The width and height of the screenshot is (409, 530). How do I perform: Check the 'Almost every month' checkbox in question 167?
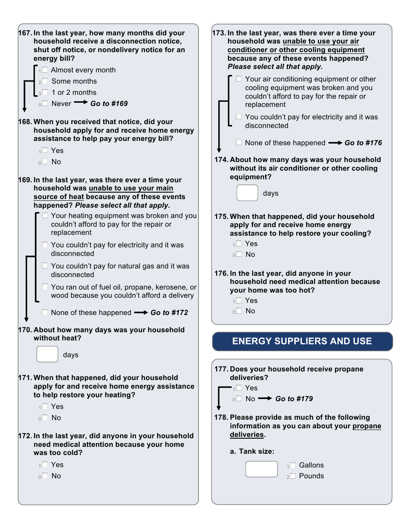[x=45, y=70]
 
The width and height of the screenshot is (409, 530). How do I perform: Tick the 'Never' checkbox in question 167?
[x=45, y=103]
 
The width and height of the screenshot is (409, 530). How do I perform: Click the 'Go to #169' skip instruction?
[x=109, y=103]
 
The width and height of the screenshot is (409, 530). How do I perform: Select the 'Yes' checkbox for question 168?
[x=45, y=151]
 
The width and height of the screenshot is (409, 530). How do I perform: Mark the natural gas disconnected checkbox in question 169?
[x=45, y=266]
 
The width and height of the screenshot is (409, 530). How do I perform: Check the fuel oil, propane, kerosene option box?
[x=45, y=287]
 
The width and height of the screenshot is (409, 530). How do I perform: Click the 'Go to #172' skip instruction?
[x=169, y=312]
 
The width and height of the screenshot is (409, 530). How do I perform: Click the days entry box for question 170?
[x=47, y=354]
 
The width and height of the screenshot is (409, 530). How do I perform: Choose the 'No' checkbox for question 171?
[x=45, y=418]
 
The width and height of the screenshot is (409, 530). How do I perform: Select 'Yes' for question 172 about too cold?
[x=45, y=465]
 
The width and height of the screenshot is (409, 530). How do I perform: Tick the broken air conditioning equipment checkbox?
[x=239, y=79]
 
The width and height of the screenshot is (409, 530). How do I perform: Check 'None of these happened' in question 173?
[x=239, y=143]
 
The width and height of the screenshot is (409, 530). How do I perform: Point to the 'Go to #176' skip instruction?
[x=363, y=143]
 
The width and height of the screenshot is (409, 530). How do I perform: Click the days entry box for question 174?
[x=247, y=193]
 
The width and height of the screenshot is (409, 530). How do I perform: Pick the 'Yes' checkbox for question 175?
[x=239, y=244]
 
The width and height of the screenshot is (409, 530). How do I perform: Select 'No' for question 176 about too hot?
[x=239, y=311]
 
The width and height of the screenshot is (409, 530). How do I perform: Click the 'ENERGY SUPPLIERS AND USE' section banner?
[x=302, y=341]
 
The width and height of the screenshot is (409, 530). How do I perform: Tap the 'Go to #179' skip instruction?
[x=294, y=399]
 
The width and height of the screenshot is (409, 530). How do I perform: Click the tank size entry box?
[x=262, y=469]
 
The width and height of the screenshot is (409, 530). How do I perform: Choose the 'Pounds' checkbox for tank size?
[x=293, y=476]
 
